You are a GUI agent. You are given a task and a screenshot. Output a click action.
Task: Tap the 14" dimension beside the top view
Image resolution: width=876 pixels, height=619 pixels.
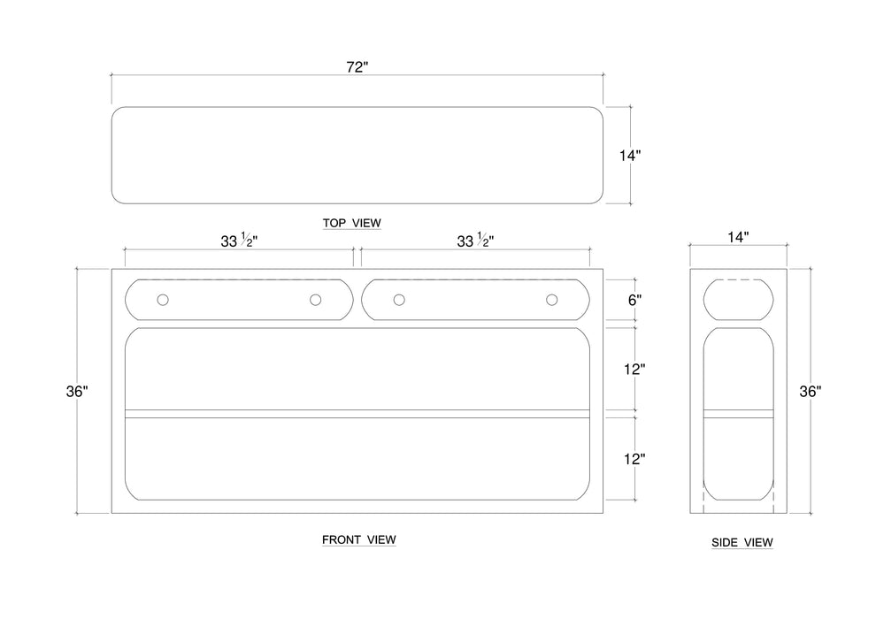point(629,156)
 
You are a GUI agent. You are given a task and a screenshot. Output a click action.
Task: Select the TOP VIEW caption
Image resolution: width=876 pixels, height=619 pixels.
point(352,223)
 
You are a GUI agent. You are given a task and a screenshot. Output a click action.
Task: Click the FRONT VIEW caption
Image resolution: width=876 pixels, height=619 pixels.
point(358,539)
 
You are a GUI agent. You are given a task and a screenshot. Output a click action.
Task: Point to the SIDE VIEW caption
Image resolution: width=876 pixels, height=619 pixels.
point(742,542)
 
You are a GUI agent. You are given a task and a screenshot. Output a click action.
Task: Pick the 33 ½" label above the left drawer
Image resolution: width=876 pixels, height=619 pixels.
point(239,241)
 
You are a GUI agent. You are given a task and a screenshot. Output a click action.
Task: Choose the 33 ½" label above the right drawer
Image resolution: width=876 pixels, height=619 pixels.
point(475,241)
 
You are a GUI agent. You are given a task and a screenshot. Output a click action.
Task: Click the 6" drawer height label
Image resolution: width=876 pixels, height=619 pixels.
point(634,300)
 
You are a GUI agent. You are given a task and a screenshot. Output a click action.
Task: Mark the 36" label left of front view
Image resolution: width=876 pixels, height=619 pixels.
point(78,391)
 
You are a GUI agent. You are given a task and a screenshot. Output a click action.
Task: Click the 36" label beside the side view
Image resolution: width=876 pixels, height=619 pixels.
point(810,391)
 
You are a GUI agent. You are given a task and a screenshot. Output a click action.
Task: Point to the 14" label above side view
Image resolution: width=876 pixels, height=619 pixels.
point(738,237)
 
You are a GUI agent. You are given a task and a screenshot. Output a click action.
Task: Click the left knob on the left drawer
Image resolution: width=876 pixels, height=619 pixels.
point(163,301)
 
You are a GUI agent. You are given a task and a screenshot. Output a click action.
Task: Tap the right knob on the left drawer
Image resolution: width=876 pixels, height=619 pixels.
point(315,301)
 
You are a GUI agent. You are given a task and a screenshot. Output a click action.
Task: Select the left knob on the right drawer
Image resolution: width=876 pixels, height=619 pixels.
point(399,301)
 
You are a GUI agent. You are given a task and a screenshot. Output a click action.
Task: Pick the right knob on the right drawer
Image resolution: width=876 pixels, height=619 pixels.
point(552,301)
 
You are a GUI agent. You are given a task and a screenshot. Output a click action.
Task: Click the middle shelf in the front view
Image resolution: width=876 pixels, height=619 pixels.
point(358,414)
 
